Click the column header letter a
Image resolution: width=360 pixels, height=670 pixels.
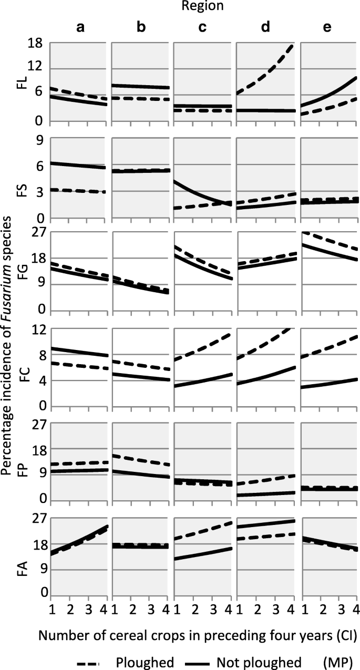(x=80, y=28)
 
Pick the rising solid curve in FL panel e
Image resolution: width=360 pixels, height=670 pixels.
(x=336, y=90)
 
